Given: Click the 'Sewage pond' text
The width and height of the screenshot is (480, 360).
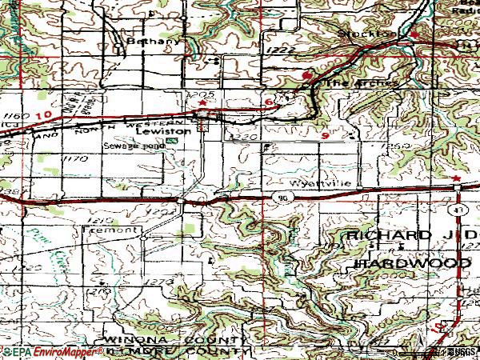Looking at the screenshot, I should coord(129,146).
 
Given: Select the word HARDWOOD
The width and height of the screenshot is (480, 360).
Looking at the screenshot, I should coord(401,262).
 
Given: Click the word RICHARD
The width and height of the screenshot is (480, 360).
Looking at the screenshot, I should coord(375,235).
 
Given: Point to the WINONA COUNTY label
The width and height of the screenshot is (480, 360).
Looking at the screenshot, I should coord(173,340).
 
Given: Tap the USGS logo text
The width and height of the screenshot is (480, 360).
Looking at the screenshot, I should coord(461,352).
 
